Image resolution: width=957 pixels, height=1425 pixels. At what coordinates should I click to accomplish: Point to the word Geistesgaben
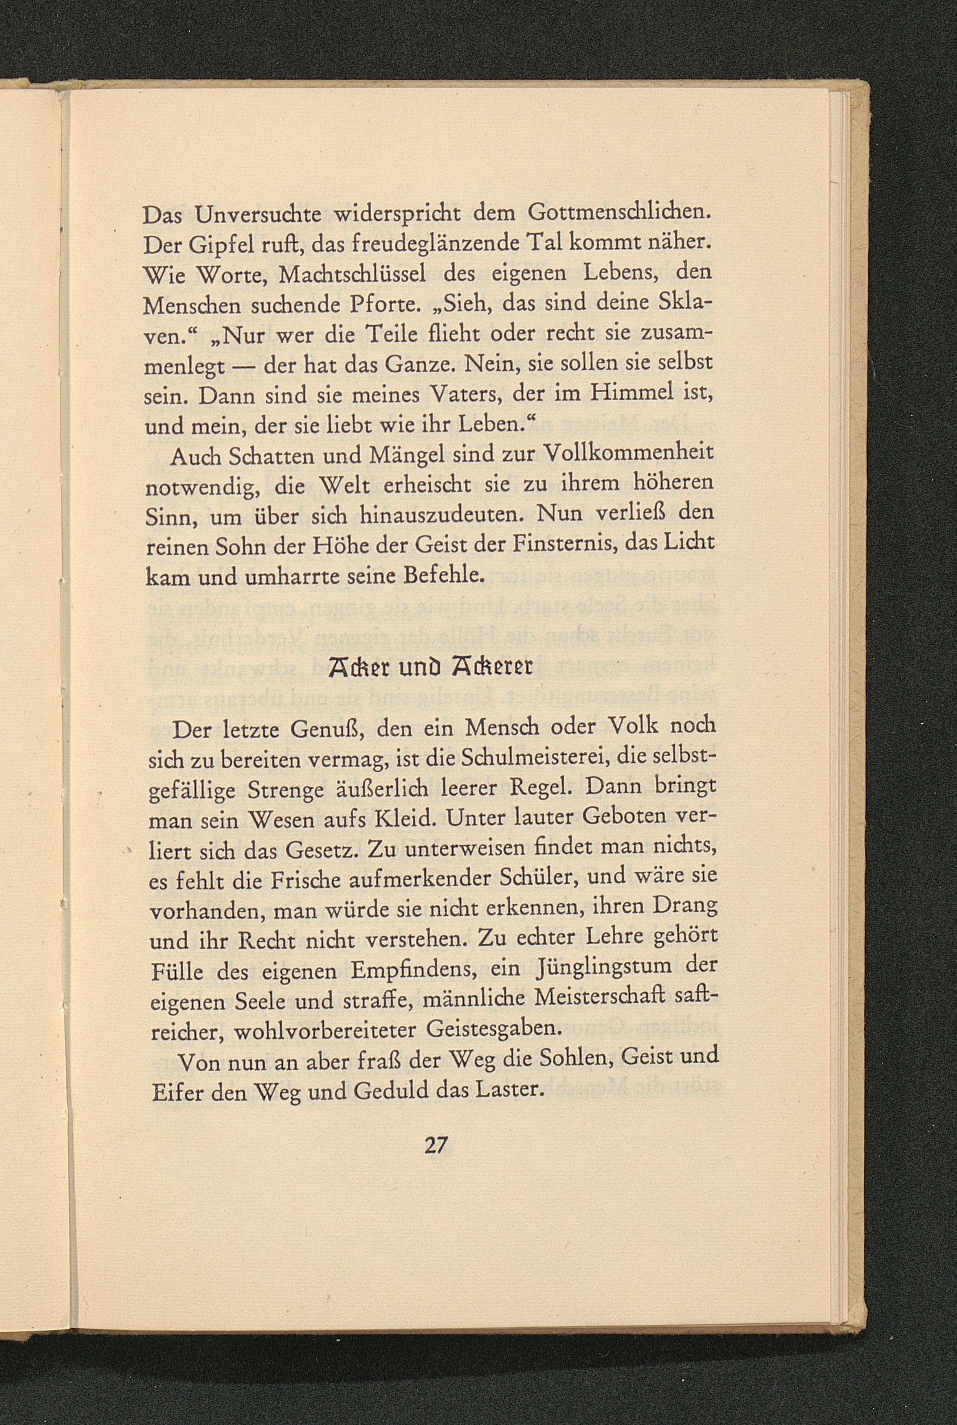[x=492, y=1029]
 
